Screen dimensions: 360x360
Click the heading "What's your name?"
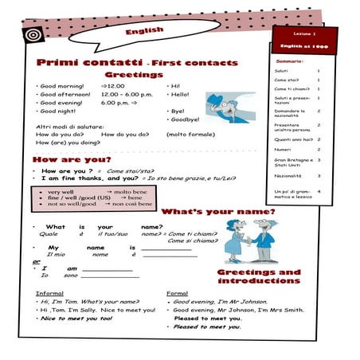tap(218, 213)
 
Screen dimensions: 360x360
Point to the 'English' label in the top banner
tap(144, 31)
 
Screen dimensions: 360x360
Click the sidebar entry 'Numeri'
tap(283, 149)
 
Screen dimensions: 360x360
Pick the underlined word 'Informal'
tap(50, 293)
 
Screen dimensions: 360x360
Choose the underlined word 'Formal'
tap(177, 293)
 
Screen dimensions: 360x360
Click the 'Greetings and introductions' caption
tap(259, 276)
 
